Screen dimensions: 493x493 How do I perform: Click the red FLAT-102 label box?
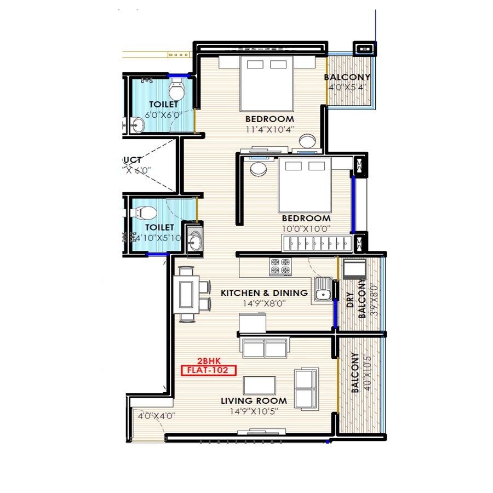[208, 370]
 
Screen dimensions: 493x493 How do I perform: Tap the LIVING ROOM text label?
[254, 401]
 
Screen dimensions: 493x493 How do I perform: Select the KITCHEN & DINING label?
[264, 293]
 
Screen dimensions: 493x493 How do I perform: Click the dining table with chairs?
[187, 293]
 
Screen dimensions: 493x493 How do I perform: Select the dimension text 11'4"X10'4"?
[270, 130]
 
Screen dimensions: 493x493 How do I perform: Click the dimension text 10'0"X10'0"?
[307, 229]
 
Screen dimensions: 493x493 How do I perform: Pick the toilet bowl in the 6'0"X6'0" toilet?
[177, 88]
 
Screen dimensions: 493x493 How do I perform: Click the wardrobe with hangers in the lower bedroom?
[315, 242]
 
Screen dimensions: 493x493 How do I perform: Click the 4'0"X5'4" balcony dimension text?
[347, 87]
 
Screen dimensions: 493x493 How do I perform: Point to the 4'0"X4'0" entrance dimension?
[156, 416]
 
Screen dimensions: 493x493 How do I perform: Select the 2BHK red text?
[208, 362]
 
